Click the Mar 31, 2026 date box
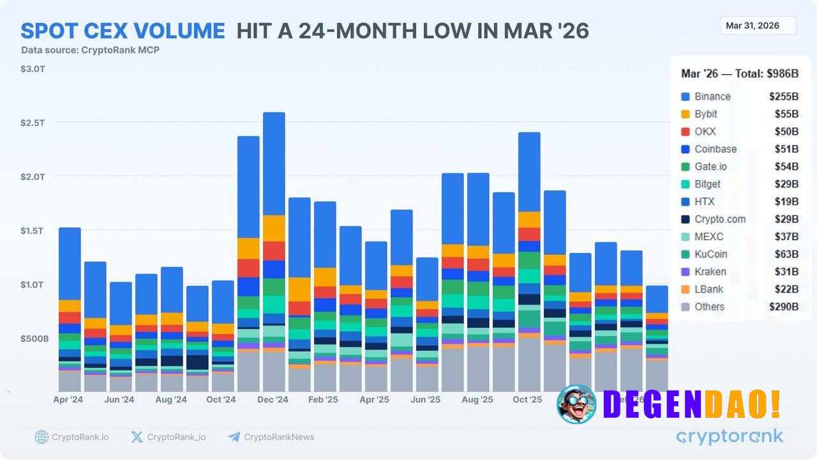(758, 26)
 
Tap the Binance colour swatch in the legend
(686, 96)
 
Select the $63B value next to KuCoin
(783, 254)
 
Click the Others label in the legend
(709, 307)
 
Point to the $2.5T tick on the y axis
(33, 122)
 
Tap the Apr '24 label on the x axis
(68, 400)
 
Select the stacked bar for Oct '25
(529, 262)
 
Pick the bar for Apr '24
(70, 309)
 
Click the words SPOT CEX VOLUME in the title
(123, 31)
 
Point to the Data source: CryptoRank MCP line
(90, 50)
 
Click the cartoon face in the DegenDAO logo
(576, 404)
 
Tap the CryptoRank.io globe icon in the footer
(41, 437)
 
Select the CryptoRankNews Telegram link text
(279, 437)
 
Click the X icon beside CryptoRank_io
(137, 437)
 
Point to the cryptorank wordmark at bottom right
(730, 437)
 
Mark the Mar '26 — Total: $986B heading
(740, 74)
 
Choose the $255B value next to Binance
(783, 96)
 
